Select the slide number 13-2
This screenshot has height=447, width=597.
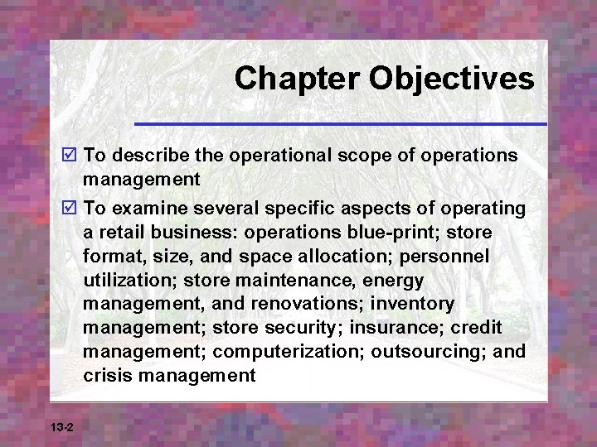click(62, 427)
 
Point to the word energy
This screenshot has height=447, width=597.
click(391, 280)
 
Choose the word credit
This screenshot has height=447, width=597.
click(475, 329)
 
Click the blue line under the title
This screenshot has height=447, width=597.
click(340, 124)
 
